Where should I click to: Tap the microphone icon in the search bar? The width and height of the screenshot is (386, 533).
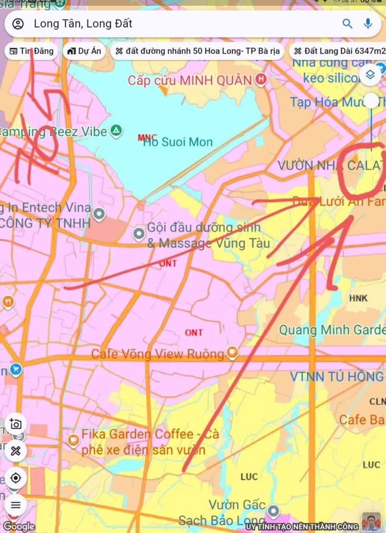368,24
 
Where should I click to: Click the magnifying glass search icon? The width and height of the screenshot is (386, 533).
348,24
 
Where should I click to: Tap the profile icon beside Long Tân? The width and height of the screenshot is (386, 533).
18,24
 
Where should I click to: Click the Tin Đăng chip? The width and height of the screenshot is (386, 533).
31,52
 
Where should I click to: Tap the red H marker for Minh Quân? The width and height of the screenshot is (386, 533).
261,81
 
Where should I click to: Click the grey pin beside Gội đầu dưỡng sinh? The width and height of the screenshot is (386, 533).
139,233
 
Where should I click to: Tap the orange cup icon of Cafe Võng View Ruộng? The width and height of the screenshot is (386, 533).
232,353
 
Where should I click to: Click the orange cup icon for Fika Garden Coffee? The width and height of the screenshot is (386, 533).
73,441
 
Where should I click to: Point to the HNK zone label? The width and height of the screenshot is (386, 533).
358,298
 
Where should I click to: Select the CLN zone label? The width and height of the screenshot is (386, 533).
377,401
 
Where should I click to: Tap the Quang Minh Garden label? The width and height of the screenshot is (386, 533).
331,330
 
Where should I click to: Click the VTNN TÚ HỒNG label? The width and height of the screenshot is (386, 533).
337,377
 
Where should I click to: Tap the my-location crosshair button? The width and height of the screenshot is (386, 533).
16,478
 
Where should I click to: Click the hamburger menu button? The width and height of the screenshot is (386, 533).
16,504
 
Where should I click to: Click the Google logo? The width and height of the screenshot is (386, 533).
19,527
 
